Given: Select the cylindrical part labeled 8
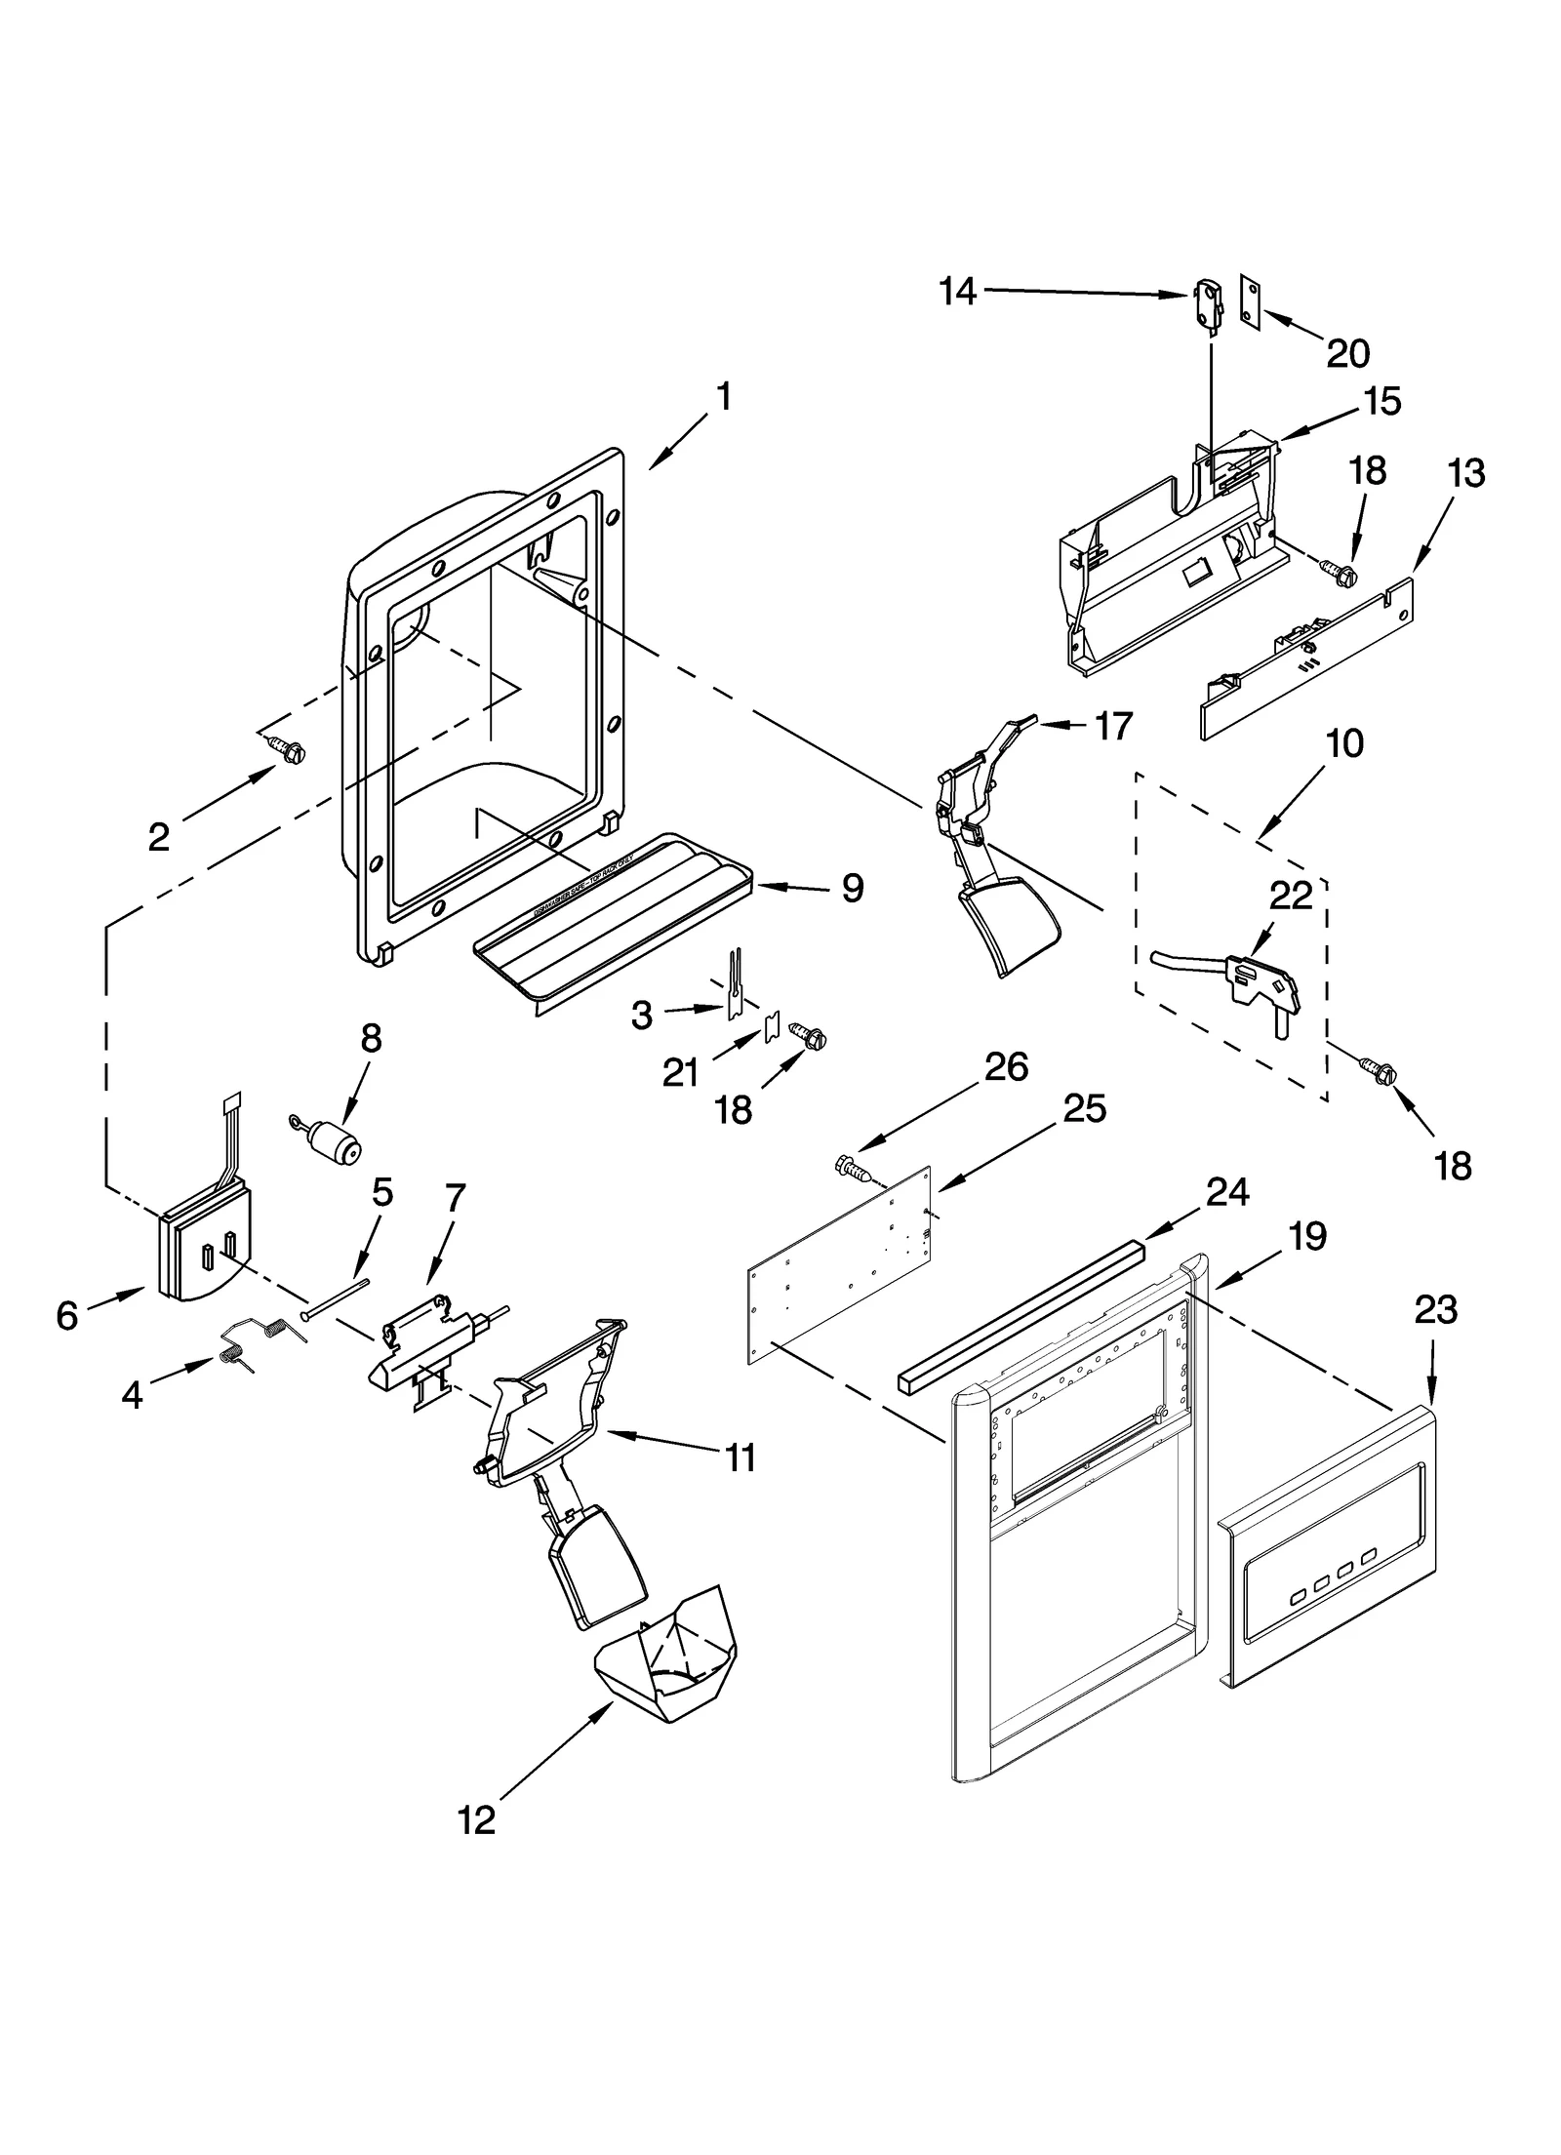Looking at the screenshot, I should [331, 1141].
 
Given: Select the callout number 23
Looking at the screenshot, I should [1436, 1309].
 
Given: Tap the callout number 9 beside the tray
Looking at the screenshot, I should [852, 888].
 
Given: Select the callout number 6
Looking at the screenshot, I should [66, 1316].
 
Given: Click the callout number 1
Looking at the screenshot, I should [723, 397].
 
